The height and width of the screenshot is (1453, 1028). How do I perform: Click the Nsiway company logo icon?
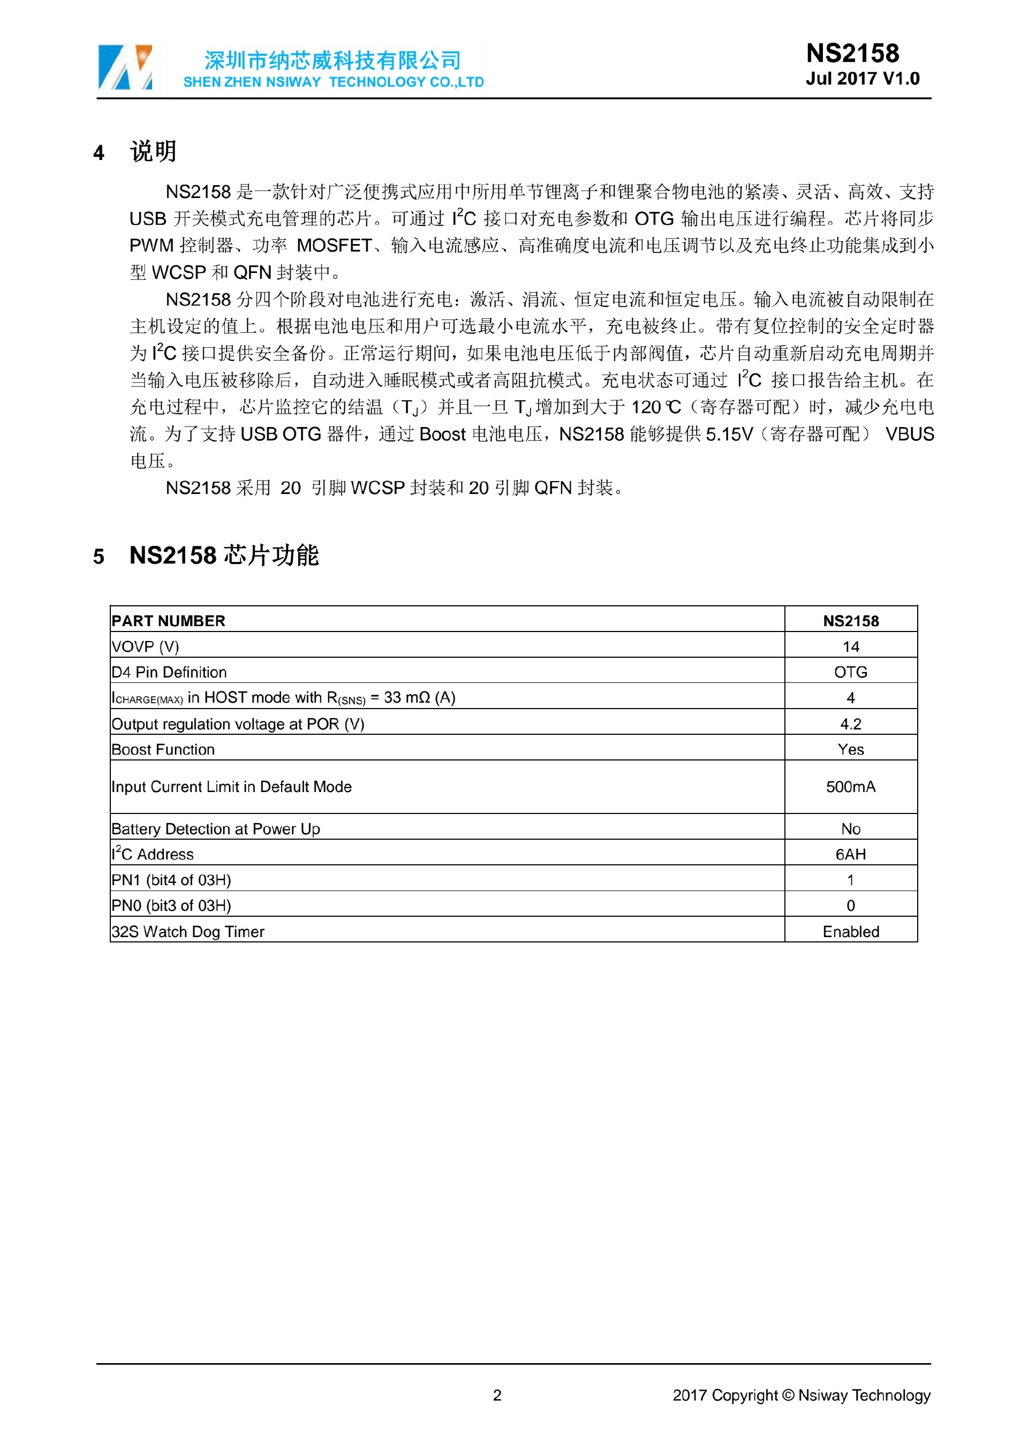pyautogui.click(x=125, y=67)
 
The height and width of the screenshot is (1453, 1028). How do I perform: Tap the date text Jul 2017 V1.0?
pyautogui.click(x=862, y=79)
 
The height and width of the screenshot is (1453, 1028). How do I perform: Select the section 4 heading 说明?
pyautogui.click(x=153, y=152)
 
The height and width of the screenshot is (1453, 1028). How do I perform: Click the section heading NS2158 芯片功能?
pyautogui.click(x=224, y=555)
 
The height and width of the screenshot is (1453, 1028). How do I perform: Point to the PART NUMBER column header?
pyautogui.click(x=168, y=621)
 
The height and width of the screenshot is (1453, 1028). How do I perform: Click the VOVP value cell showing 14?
pyautogui.click(x=850, y=646)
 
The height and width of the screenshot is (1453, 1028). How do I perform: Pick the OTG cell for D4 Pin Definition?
pyautogui.click(x=850, y=672)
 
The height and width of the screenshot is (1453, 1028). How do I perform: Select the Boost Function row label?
pyautogui.click(x=163, y=749)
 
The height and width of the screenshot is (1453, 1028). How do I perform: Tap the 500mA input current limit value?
pyautogui.click(x=850, y=787)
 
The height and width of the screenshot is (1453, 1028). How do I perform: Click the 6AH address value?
pyautogui.click(x=850, y=854)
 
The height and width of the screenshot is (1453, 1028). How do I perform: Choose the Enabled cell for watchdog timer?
pyautogui.click(x=850, y=932)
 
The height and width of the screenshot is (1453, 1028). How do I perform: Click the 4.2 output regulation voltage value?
pyautogui.click(x=850, y=724)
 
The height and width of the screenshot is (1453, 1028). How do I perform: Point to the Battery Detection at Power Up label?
pyautogui.click(x=216, y=829)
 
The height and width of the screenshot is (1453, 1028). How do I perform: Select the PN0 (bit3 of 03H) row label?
pyautogui.click(x=171, y=906)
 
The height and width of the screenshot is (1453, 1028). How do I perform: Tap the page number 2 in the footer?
pyautogui.click(x=497, y=1395)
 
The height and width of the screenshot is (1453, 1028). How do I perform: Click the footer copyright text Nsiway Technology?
pyautogui.click(x=864, y=1395)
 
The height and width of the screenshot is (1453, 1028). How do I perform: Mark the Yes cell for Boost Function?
pyautogui.click(x=850, y=749)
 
